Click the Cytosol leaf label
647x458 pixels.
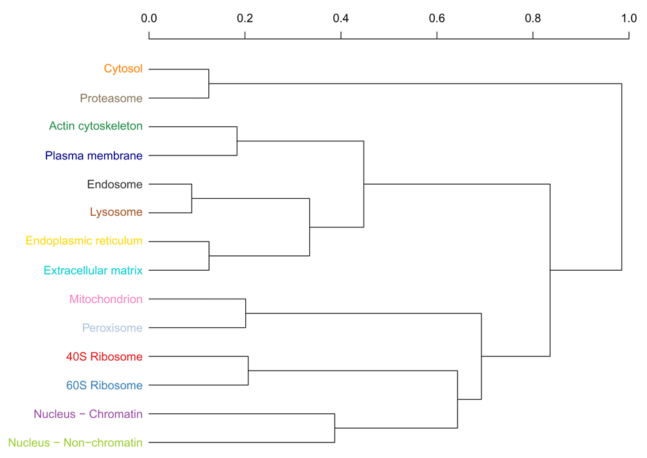(x=123, y=69)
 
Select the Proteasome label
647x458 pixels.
(x=111, y=98)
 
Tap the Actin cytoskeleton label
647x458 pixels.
(x=96, y=126)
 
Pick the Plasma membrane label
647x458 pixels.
(x=94, y=155)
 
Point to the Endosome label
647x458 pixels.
(x=115, y=184)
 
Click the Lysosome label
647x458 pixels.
(x=116, y=212)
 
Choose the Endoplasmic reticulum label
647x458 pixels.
(x=83, y=241)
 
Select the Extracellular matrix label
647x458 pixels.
(x=93, y=271)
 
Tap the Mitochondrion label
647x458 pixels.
(x=105, y=299)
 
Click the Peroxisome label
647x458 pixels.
(x=112, y=328)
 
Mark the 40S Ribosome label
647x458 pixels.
(x=104, y=356)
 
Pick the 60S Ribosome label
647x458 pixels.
(x=104, y=385)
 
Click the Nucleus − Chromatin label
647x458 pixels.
(x=88, y=414)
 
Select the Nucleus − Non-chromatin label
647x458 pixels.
(x=75, y=442)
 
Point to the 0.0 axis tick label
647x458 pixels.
(x=149, y=18)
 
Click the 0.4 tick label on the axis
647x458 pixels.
(x=341, y=18)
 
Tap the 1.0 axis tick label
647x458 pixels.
(x=629, y=18)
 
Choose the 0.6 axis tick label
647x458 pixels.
(x=437, y=18)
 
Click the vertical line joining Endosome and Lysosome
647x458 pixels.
(x=192, y=199)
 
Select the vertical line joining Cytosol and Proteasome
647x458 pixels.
(x=209, y=84)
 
